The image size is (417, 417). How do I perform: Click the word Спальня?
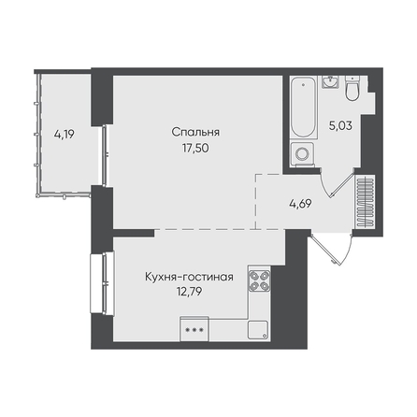[x=195, y=133]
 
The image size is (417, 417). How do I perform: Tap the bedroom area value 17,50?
[x=195, y=148]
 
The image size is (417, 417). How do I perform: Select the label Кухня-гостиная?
[x=189, y=277]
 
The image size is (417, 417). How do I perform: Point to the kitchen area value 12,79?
[x=189, y=292]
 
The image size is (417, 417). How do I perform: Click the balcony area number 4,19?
[x=65, y=135]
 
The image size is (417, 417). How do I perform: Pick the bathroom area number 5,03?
[x=340, y=125]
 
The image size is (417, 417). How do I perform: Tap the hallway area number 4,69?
[x=300, y=204]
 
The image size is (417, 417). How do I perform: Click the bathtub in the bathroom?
[x=304, y=108]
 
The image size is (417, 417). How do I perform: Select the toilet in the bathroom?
[x=352, y=89]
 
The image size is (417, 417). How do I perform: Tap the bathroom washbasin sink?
[x=330, y=82]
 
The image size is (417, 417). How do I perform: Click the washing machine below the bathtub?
[x=302, y=153]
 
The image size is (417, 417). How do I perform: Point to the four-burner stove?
[x=259, y=280]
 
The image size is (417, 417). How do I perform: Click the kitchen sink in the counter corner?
[x=258, y=330]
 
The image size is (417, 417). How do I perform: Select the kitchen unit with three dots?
[x=194, y=329]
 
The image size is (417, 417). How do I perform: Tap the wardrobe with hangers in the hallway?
[x=366, y=201]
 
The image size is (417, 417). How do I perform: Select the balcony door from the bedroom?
[x=105, y=155]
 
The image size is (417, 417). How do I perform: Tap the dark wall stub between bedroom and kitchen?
[x=134, y=233]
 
